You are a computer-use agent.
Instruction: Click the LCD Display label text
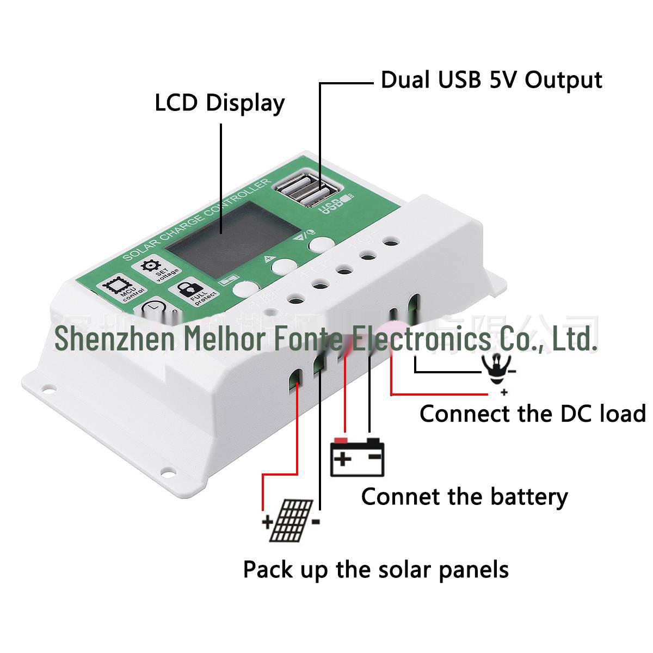click(219, 103)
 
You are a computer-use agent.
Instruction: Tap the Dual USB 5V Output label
click(491, 79)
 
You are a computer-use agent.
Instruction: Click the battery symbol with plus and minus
click(358, 457)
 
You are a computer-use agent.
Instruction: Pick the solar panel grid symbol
click(293, 520)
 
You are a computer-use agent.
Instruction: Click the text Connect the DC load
click(532, 414)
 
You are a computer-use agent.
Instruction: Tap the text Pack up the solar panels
click(375, 570)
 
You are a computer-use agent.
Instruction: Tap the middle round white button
click(283, 266)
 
